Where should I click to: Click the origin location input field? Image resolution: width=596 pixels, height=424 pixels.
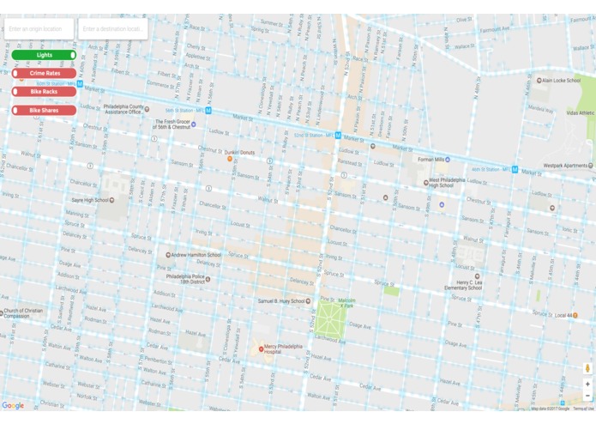coord(39,29)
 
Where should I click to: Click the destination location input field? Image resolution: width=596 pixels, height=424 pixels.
coord(112,29)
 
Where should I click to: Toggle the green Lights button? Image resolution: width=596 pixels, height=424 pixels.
coord(44,55)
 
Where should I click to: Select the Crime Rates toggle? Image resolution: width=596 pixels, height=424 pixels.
coord(44,74)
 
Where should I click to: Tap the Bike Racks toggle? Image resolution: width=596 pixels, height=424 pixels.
coord(44,92)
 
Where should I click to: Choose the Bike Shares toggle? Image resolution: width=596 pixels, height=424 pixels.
coord(44,111)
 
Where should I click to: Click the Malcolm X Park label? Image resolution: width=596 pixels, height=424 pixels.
coord(346,303)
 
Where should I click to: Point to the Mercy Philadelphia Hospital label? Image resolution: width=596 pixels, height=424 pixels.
coord(284,349)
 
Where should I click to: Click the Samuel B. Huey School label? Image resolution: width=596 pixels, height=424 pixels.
coord(282,301)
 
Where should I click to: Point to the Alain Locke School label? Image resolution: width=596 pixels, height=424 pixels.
coord(560,81)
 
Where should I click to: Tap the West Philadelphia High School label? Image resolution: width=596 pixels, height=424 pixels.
coord(452,183)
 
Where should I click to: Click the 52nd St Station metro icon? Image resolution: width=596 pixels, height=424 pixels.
coord(339,136)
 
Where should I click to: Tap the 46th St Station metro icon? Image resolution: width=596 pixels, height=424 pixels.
coord(515,170)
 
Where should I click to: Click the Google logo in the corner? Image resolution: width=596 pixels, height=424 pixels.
coord(13,406)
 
